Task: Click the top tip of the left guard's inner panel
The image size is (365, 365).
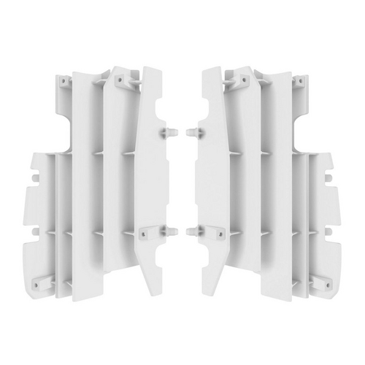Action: coord(149,69)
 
